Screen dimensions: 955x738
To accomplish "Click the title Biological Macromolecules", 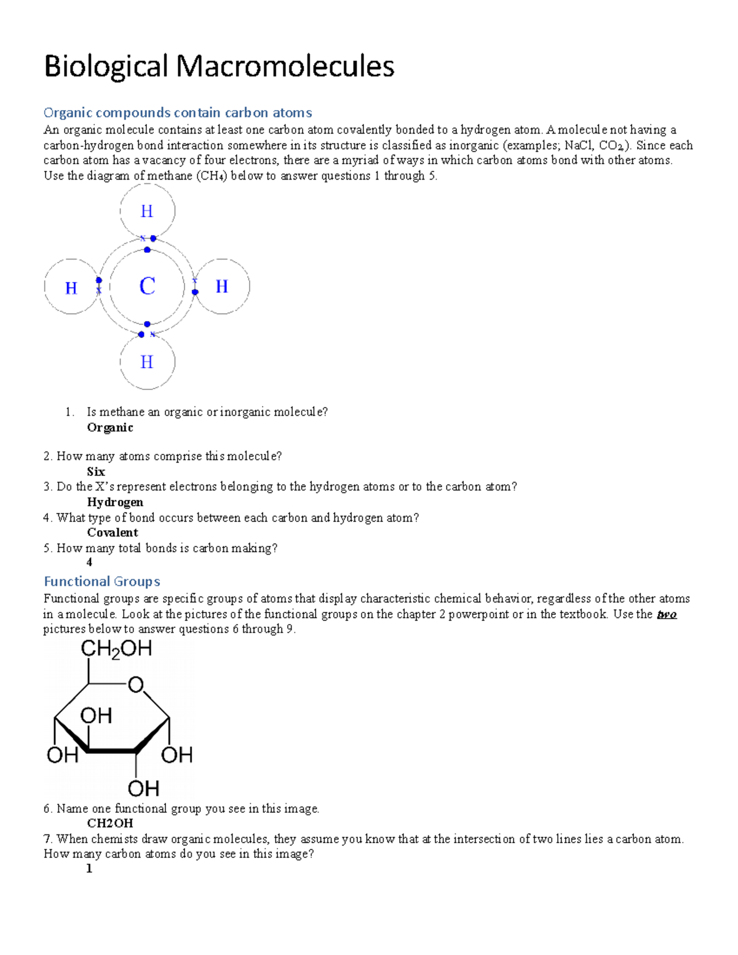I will (x=219, y=66).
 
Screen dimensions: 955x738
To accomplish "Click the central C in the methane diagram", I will (x=147, y=286).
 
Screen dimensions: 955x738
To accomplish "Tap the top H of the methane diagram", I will (x=147, y=212).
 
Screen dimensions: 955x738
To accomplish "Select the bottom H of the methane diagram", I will (x=147, y=362).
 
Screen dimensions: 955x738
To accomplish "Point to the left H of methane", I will (x=71, y=288).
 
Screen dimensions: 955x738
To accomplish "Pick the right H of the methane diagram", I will (x=221, y=287).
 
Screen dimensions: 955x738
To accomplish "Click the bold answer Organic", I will (x=110, y=427).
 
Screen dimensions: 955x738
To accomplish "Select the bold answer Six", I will (x=96, y=472).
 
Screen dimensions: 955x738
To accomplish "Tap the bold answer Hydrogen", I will (x=115, y=502).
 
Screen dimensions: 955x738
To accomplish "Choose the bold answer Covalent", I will (x=113, y=533).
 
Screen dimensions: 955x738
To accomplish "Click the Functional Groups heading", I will (x=102, y=581).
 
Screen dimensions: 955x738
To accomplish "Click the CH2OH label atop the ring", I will (x=116, y=649).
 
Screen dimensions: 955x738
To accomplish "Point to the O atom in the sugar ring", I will (x=135, y=684).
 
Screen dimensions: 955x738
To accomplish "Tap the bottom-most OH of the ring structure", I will (x=143, y=788).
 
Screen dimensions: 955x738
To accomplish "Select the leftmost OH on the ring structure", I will (x=62, y=755).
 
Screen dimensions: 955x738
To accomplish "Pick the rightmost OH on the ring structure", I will (x=177, y=755).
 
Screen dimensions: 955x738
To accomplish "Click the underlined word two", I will (x=667, y=614).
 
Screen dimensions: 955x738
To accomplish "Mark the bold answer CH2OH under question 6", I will (x=110, y=823).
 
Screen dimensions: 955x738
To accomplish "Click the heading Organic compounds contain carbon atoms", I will (x=178, y=113).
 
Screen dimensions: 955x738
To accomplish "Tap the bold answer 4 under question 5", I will (x=90, y=562).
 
